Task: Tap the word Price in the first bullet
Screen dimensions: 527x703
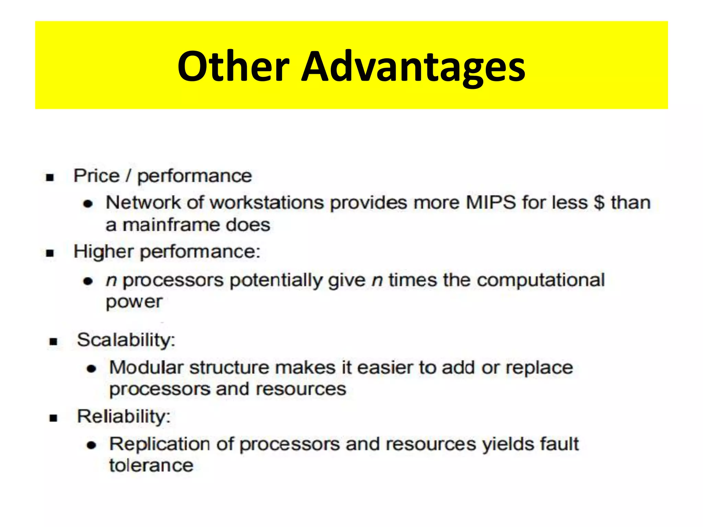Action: click(x=96, y=176)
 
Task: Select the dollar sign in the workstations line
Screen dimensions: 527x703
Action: click(x=599, y=202)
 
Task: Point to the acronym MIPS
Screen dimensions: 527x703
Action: click(x=491, y=202)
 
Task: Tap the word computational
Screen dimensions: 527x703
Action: click(x=541, y=280)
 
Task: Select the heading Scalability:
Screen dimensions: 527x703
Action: click(x=126, y=340)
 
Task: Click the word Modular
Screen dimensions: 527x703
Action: click(x=146, y=367)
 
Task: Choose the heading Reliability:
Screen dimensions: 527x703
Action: click(x=124, y=417)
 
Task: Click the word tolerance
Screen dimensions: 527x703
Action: click(x=151, y=466)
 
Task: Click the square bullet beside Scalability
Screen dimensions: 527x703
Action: click(x=53, y=342)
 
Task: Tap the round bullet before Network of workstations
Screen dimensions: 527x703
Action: click(x=88, y=204)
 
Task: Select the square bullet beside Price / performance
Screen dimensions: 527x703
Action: click(x=50, y=178)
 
